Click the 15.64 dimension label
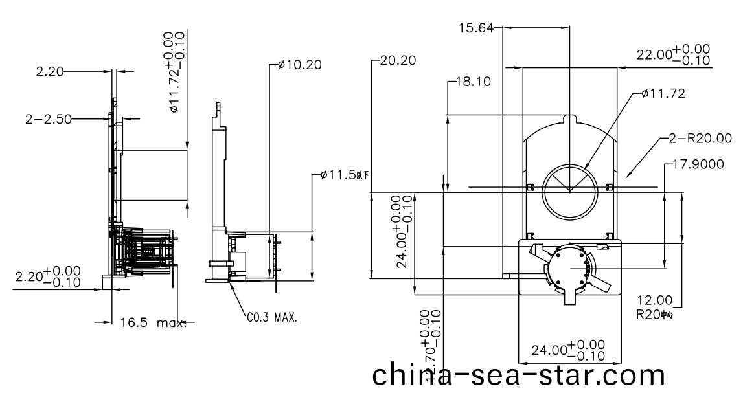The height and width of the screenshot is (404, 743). click(x=475, y=28)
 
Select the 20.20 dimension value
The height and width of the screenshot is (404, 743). click(x=398, y=61)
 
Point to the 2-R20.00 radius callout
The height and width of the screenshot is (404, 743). click(x=701, y=138)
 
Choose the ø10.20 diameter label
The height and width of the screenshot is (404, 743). click(x=299, y=64)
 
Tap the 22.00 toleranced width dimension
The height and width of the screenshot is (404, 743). click(x=672, y=56)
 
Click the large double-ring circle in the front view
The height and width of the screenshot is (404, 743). click(x=569, y=192)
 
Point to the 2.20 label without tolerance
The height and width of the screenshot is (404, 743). click(x=51, y=72)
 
